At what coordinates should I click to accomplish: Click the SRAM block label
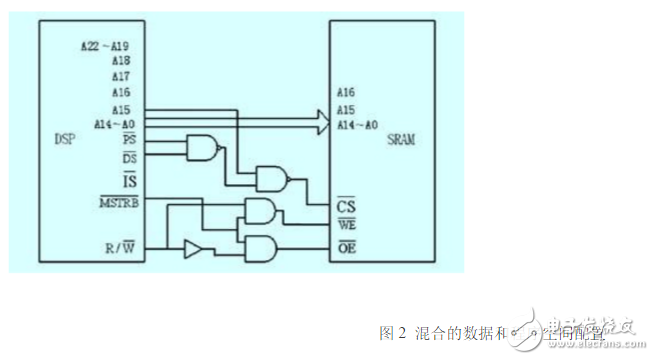[x=401, y=140]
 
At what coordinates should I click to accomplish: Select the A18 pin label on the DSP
[x=121, y=60]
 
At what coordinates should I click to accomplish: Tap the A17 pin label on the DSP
[x=121, y=76]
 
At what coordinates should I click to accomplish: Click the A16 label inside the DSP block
[x=121, y=92]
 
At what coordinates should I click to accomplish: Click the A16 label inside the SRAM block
[x=346, y=92]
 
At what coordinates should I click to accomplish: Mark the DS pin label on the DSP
[x=128, y=158]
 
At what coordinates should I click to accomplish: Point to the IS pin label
[x=129, y=180]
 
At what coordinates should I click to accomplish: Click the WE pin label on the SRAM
[x=346, y=226]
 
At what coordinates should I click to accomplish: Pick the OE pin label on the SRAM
[x=346, y=245]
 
